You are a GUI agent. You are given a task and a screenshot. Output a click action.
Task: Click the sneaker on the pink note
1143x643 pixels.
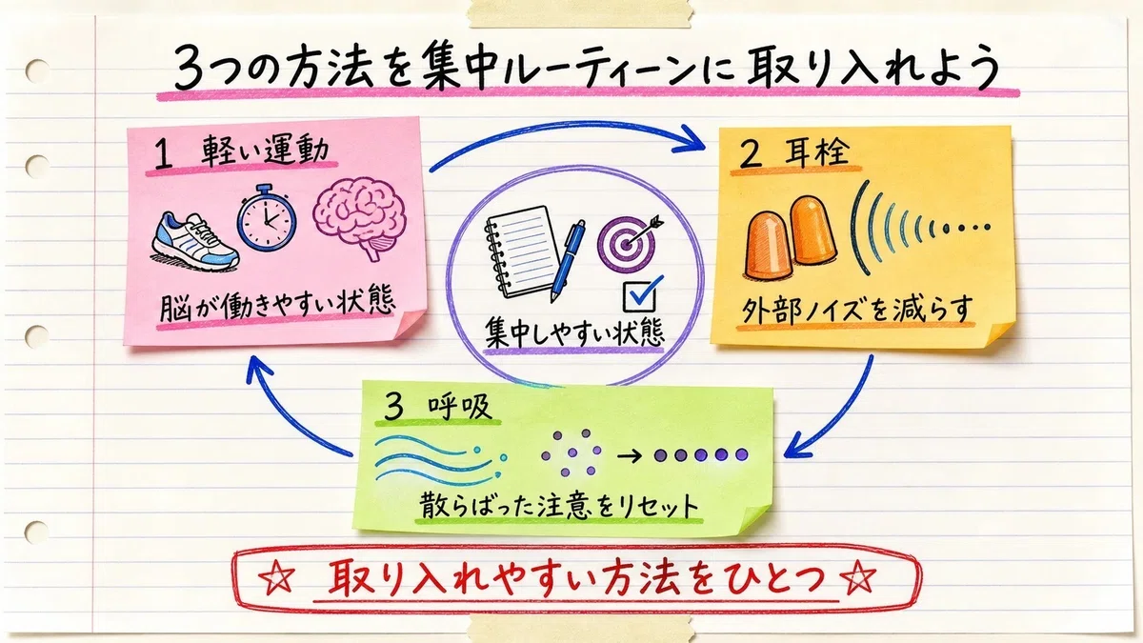[x=195, y=242]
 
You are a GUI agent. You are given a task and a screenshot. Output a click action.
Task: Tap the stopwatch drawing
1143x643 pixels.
[x=267, y=218]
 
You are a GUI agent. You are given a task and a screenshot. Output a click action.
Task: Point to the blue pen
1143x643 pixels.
[x=568, y=261]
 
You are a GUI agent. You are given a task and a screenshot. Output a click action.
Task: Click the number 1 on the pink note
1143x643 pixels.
[x=163, y=155]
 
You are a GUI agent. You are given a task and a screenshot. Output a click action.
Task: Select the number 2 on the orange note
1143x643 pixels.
[x=752, y=155]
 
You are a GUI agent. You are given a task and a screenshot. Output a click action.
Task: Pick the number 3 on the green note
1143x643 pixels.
[x=393, y=408]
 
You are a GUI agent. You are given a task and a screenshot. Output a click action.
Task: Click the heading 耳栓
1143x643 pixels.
[x=817, y=151]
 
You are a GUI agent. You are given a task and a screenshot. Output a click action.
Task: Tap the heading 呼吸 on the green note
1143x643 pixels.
[x=459, y=407]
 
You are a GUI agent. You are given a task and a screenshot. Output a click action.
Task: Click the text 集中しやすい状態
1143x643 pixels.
[x=574, y=332]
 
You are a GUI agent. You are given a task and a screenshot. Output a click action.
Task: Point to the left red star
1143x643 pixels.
[x=276, y=578]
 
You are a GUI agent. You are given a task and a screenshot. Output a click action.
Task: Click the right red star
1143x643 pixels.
[x=858, y=577]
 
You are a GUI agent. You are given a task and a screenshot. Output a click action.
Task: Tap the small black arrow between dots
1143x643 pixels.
[x=630, y=455]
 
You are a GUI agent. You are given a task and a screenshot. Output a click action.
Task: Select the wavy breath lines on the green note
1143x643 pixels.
[x=440, y=460]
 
